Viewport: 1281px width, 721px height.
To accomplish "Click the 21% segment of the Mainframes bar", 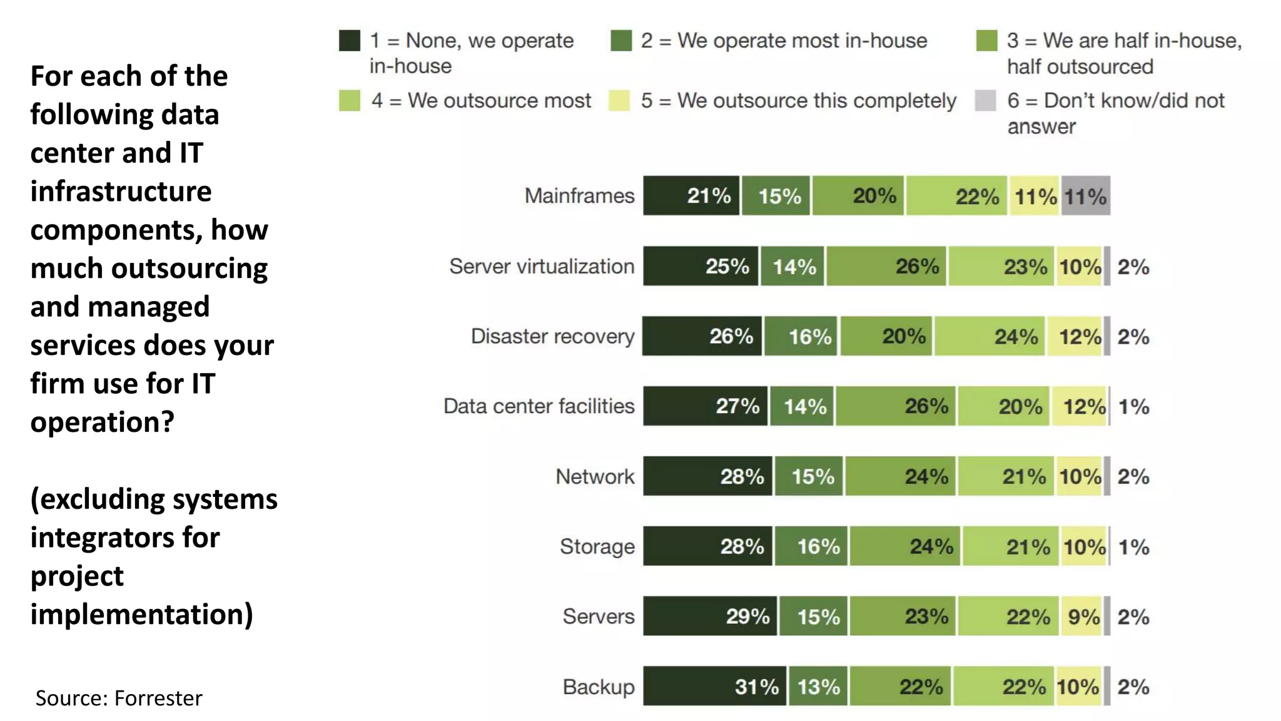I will pyautogui.click(x=691, y=196).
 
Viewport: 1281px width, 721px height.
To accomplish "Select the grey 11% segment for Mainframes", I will pyautogui.click(x=1085, y=196).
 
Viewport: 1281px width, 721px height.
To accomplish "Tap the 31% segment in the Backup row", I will pyautogui.click(x=714, y=687).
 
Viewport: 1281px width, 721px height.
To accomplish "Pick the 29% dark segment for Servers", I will pyautogui.click(x=710, y=616).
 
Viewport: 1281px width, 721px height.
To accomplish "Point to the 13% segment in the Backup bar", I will pyautogui.click(x=818, y=687).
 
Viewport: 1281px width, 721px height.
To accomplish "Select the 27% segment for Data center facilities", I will pyautogui.click(x=705, y=406).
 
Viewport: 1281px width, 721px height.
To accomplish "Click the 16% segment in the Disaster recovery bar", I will pyautogui.click(x=801, y=336).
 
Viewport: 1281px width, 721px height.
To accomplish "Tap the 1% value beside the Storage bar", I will pyautogui.click(x=1133, y=547).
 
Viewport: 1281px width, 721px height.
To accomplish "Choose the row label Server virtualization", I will pyautogui.click(x=542, y=266).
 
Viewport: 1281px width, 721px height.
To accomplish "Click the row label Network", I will pyautogui.click(x=595, y=476).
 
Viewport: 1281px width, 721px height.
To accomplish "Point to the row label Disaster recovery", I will pyautogui.click(x=552, y=336).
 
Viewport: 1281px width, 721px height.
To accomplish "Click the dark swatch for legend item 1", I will pyautogui.click(x=349, y=41).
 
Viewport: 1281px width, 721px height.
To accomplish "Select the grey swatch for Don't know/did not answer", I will pyautogui.click(x=985, y=100).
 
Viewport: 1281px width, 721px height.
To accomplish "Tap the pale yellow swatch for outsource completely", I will pyautogui.click(x=619, y=100).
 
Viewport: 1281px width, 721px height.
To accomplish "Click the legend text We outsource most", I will pyautogui.click(x=499, y=100).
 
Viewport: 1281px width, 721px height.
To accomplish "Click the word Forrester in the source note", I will pyautogui.click(x=158, y=698).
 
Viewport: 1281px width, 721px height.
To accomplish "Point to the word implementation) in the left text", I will pyautogui.click(x=142, y=614).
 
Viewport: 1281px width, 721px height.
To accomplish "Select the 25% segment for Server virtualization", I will pyautogui.click(x=701, y=266).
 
